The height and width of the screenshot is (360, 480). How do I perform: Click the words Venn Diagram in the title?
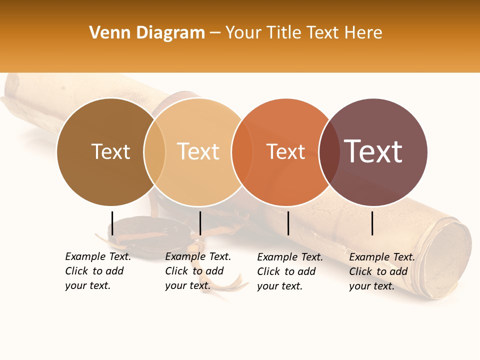(x=147, y=33)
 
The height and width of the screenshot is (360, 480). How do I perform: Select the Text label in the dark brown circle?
(x=110, y=151)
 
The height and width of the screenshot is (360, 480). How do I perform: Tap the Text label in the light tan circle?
(x=198, y=151)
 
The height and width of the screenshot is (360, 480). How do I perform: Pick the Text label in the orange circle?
(x=285, y=151)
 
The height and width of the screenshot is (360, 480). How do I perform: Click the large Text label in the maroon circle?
(x=373, y=151)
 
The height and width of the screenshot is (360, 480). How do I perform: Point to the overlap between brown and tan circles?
(x=154, y=152)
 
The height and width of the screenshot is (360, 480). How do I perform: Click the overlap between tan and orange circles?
(x=242, y=152)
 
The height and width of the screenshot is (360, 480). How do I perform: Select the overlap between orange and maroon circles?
(x=329, y=152)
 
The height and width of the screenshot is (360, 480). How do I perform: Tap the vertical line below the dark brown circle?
(x=112, y=223)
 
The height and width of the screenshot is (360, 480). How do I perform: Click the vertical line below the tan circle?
(x=200, y=223)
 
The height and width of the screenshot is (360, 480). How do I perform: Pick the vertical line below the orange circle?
(x=288, y=223)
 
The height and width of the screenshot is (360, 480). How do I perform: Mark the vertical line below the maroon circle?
(x=372, y=223)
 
